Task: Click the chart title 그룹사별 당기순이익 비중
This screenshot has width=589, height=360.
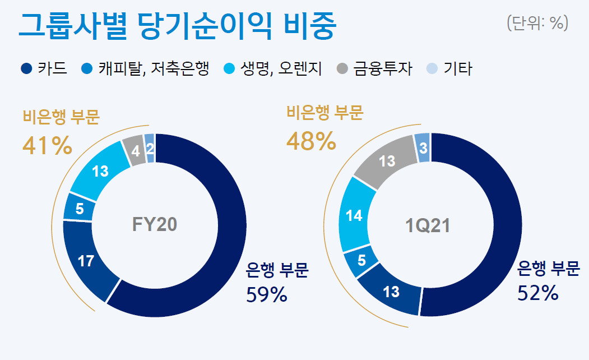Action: click(177, 26)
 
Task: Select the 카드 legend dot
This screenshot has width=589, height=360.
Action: click(26, 69)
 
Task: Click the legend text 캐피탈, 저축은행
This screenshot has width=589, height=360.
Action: click(153, 69)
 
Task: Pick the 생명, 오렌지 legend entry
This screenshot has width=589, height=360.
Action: click(273, 69)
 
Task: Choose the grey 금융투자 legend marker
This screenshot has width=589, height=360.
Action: click(342, 69)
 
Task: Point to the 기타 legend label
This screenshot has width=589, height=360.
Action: click(457, 69)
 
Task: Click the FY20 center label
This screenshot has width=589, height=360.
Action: click(154, 224)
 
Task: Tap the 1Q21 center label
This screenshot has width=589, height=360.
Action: click(428, 226)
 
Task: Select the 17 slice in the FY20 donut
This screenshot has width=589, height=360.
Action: click(86, 261)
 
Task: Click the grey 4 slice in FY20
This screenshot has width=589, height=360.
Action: click(135, 150)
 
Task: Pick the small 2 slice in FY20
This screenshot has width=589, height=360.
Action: click(150, 148)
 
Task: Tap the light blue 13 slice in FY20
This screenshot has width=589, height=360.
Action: click(100, 172)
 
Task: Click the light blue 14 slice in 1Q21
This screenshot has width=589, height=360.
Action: click(354, 216)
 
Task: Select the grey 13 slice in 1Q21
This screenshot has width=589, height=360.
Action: click(387, 161)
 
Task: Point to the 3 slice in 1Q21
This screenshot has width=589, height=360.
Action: click(423, 147)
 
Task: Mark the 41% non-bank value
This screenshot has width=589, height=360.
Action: click(47, 145)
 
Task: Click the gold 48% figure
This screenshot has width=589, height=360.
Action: click(311, 141)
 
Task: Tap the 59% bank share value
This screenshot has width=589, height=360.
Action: click(267, 294)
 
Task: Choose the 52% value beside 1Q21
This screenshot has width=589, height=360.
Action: click(537, 293)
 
